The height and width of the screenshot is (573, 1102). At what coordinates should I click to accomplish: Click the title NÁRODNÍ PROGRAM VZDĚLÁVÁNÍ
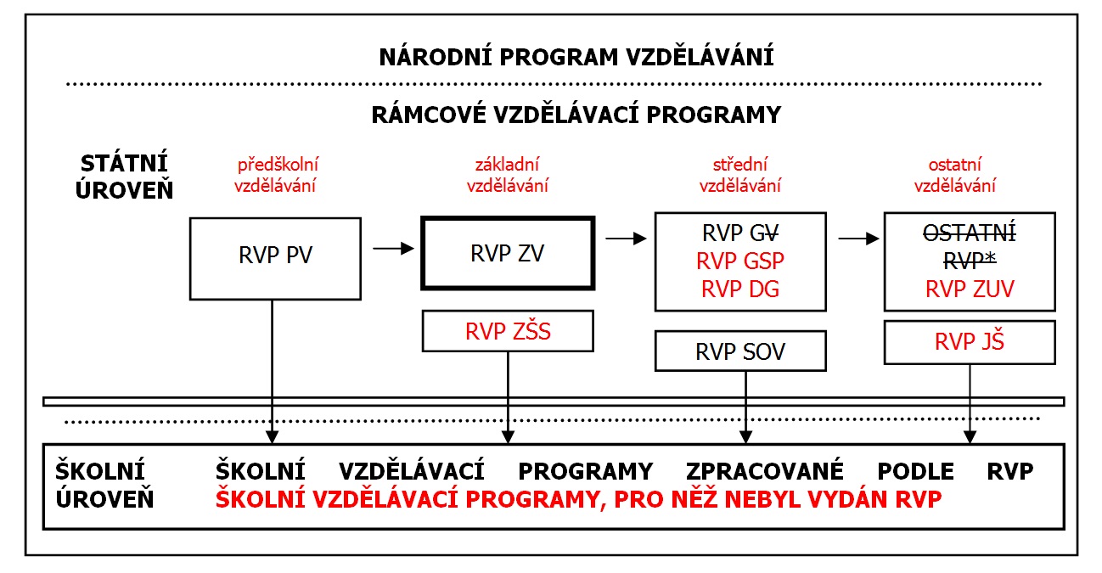point(576,58)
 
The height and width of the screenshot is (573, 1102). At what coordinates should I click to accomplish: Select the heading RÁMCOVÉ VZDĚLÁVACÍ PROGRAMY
point(576,114)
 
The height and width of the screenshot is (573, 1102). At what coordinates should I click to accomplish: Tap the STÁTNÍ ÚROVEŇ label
point(124,176)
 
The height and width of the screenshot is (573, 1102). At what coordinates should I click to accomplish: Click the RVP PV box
point(274,256)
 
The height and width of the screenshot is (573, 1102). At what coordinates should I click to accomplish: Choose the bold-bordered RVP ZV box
point(508,254)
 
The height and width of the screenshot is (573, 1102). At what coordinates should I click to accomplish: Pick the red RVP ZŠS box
point(508,331)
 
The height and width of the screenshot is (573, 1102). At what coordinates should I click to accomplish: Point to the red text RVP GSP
point(740,261)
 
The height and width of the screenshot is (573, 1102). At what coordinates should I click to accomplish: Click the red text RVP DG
point(740,289)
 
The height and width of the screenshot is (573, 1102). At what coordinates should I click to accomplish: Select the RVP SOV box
point(740,351)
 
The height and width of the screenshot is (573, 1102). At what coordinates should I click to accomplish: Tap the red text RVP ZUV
point(970,289)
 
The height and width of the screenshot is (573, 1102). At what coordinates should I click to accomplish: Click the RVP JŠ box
point(970,342)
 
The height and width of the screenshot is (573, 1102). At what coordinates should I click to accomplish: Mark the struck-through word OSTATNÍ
point(970,232)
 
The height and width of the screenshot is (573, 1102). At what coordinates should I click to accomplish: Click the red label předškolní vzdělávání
point(277,175)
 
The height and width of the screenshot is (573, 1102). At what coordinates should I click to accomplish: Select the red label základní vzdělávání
point(509,175)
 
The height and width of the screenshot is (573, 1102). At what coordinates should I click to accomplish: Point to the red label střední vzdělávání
point(740,175)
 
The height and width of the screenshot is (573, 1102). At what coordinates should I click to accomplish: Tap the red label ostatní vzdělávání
point(955,175)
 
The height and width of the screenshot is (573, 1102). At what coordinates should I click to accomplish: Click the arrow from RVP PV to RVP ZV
point(392,248)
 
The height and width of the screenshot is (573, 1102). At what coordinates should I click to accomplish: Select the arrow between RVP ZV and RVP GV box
point(624,239)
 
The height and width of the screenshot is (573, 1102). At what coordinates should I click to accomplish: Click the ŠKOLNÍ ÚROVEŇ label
point(104,485)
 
